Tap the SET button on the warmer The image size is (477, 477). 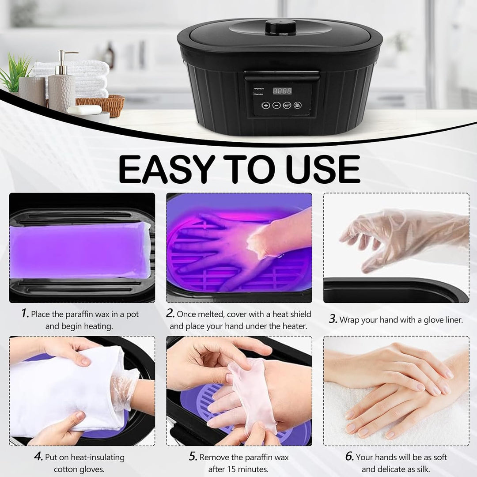(287, 105)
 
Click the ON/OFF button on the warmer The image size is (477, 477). (298, 105)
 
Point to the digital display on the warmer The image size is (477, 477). (282, 91)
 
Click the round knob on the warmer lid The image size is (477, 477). (280, 27)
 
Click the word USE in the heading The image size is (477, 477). (322, 169)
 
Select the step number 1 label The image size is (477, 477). (25, 314)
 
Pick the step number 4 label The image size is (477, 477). (38, 457)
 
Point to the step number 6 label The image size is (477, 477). (349, 457)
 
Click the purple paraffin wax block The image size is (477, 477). (79, 250)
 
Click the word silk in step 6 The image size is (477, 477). (421, 469)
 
